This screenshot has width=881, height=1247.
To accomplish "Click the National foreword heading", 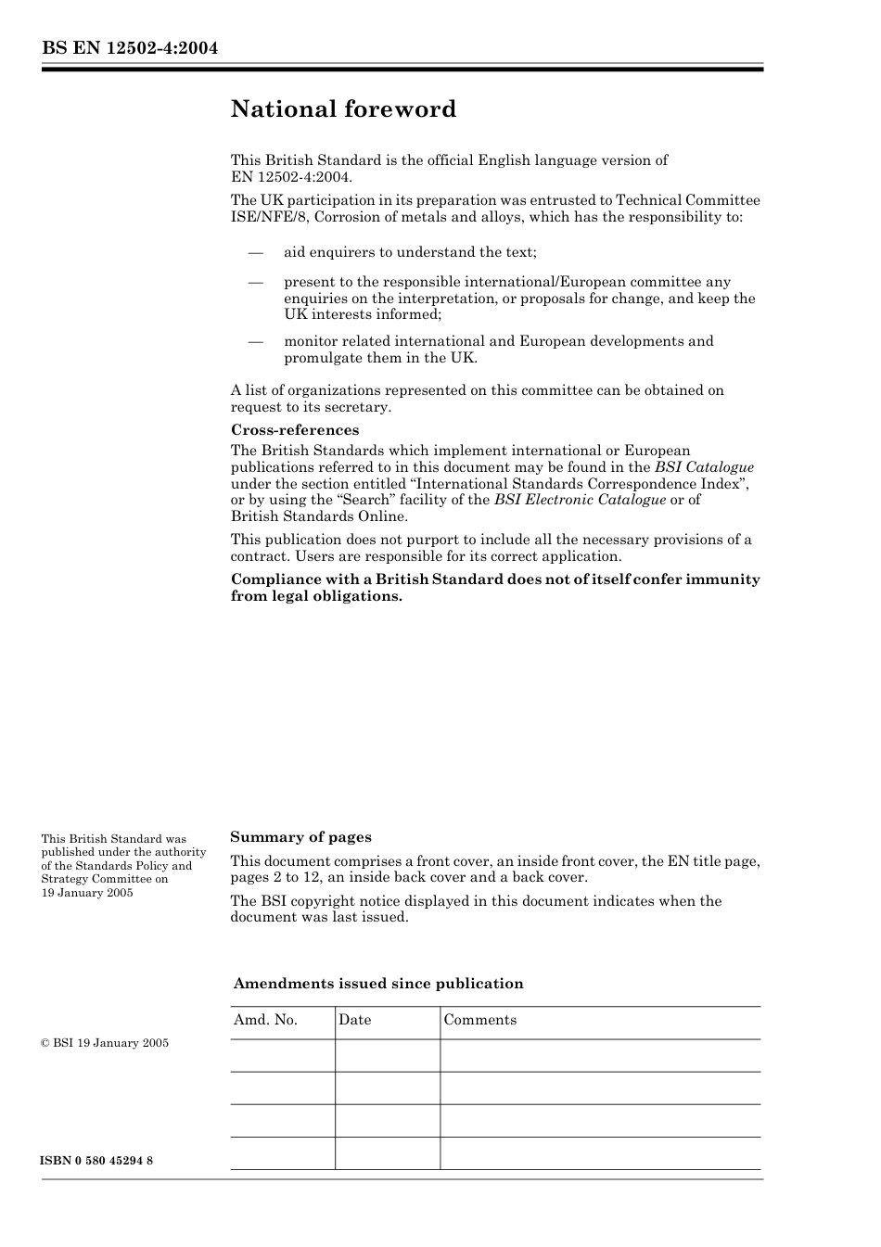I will [x=343, y=109].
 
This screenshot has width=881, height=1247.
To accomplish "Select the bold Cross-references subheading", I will [x=294, y=430].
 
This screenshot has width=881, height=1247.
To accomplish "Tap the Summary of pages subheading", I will [x=300, y=837].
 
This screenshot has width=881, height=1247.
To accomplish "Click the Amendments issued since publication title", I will [x=378, y=984].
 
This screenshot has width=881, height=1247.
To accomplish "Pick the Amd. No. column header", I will [x=265, y=1020].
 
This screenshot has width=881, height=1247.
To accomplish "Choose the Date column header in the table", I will [x=354, y=1020].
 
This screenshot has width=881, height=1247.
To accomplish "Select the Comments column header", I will [x=479, y=1020].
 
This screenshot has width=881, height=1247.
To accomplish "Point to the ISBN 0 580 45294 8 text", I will [x=97, y=1161].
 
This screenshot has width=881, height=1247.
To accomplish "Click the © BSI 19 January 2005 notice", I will [x=105, y=1043].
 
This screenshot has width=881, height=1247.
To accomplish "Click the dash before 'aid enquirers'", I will [x=255, y=252].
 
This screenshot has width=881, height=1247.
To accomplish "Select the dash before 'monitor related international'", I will [x=255, y=341].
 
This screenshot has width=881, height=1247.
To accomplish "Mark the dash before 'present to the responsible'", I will [x=255, y=282].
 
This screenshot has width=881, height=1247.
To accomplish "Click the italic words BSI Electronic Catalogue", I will [x=580, y=500].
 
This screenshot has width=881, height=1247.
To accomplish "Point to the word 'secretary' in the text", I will [x=358, y=407].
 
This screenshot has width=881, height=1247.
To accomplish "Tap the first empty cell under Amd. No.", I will [x=282, y=1055].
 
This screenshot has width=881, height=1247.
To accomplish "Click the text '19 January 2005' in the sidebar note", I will [x=87, y=893].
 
